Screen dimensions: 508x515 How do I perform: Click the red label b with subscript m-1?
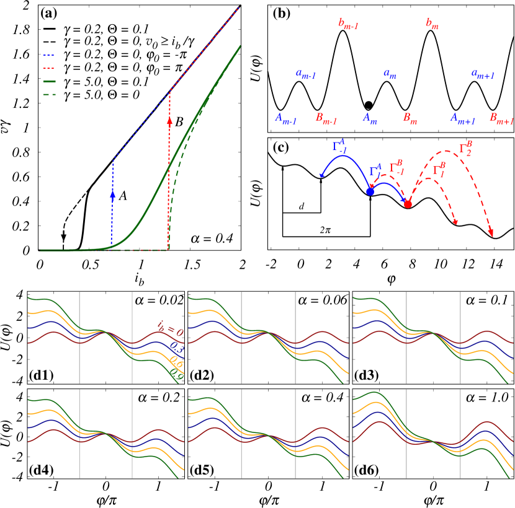click(x=348, y=24)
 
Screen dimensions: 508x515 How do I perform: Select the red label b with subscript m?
click(x=432, y=24)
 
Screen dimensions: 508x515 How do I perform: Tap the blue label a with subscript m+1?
click(x=483, y=74)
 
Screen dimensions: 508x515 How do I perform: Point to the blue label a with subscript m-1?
click(x=306, y=74)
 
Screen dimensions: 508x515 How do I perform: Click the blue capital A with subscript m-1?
click(x=285, y=118)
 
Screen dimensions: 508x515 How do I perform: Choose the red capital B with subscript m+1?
click(x=501, y=118)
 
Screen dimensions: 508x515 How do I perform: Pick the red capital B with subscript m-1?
click(x=326, y=118)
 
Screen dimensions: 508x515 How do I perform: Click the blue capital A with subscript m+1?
click(x=463, y=118)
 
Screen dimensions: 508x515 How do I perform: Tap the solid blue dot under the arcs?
click(x=370, y=191)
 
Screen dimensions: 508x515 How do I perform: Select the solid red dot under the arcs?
click(x=408, y=204)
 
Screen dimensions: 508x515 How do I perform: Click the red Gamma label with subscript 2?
click(x=465, y=149)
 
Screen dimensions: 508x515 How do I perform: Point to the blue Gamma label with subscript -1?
click(x=339, y=146)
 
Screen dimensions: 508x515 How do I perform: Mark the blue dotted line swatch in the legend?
click(x=49, y=55)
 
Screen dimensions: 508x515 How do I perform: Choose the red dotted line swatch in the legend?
click(x=49, y=68)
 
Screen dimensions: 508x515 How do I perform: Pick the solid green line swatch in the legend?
click(x=49, y=81)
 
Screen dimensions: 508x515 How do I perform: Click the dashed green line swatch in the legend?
click(x=49, y=94)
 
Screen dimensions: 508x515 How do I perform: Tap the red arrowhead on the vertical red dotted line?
click(x=169, y=121)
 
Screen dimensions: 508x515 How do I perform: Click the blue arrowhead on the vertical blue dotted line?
click(x=112, y=194)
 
